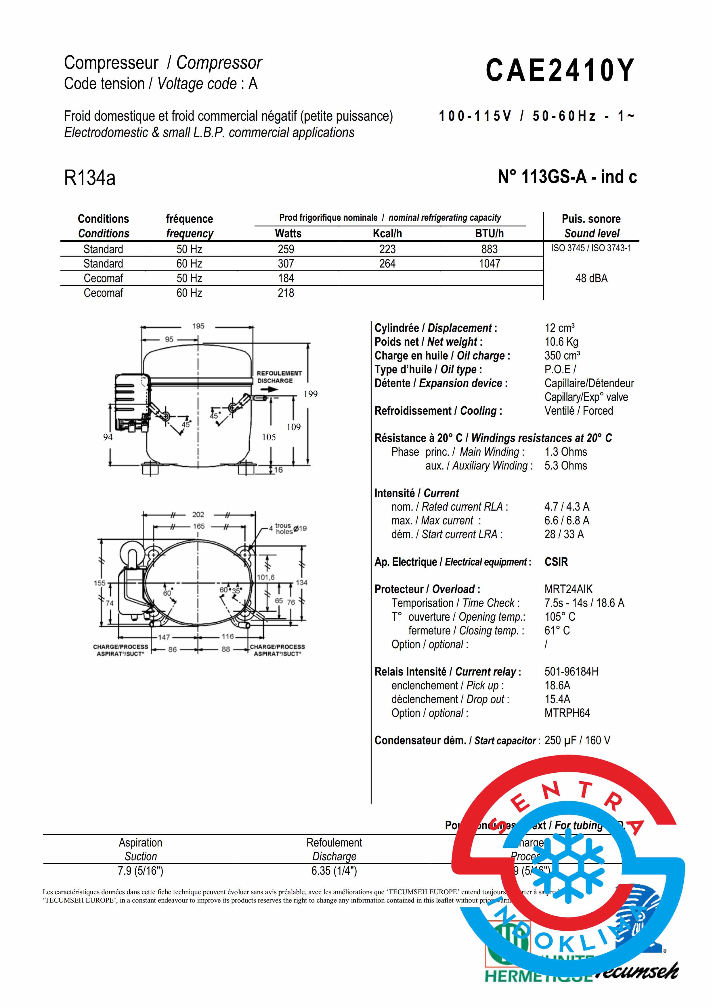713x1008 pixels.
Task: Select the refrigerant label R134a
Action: pyautogui.click(x=90, y=178)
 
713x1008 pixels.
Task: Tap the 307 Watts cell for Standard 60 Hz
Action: pyautogui.click(x=286, y=263)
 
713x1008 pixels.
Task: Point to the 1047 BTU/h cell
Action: pyautogui.click(x=490, y=263)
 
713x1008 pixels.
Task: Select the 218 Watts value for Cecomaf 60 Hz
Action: pyautogui.click(x=286, y=293)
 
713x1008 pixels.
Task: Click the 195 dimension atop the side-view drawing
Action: pyautogui.click(x=198, y=326)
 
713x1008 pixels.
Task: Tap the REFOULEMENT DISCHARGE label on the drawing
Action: pyautogui.click(x=279, y=377)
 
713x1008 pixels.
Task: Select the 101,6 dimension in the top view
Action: pyautogui.click(x=266, y=577)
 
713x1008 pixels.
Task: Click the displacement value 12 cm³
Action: pyautogui.click(x=559, y=328)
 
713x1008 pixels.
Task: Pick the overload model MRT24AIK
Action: pyautogui.click(x=568, y=589)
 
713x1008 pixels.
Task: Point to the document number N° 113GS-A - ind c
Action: pyautogui.click(x=567, y=177)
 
